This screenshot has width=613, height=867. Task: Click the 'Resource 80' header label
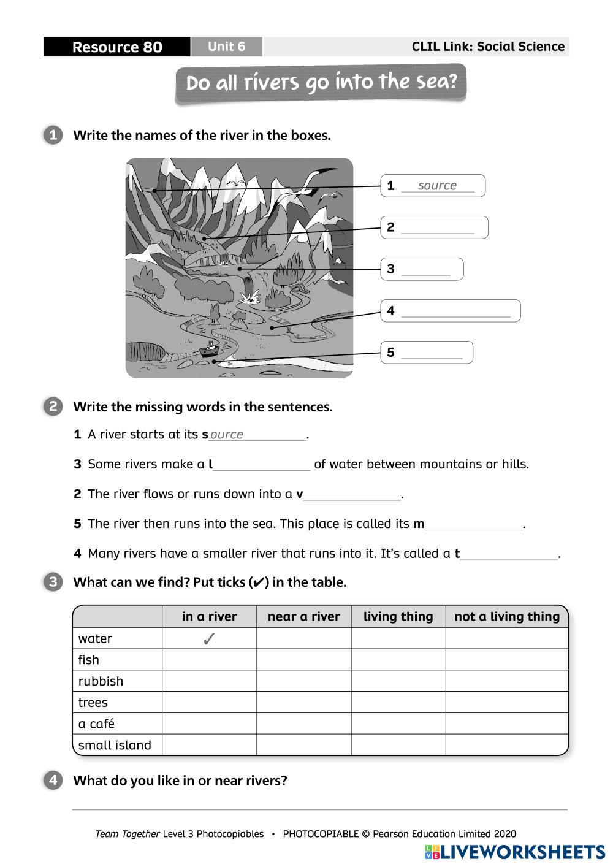click(x=116, y=47)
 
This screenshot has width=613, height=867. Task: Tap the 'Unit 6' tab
click(x=226, y=47)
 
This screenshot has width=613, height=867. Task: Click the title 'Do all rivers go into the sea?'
click(x=321, y=83)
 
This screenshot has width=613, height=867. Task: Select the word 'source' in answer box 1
click(x=437, y=186)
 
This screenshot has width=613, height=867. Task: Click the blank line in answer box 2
click(x=438, y=229)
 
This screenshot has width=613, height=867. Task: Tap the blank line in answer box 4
click(x=455, y=313)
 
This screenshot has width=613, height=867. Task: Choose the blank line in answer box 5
click(x=432, y=354)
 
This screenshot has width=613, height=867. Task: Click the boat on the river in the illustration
click(x=209, y=349)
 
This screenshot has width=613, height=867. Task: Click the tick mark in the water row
click(x=209, y=639)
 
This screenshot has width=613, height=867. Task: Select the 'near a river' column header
click(x=303, y=617)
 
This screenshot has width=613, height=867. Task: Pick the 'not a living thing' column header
click(x=507, y=617)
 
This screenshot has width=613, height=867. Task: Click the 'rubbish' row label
click(x=101, y=681)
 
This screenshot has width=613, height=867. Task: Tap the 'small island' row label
click(x=115, y=745)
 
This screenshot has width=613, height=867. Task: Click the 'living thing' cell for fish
click(x=398, y=660)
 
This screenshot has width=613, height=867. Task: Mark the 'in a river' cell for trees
click(x=209, y=703)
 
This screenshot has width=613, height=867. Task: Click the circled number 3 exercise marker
click(x=53, y=582)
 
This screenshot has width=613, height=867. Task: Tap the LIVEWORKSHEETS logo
click(x=514, y=852)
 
